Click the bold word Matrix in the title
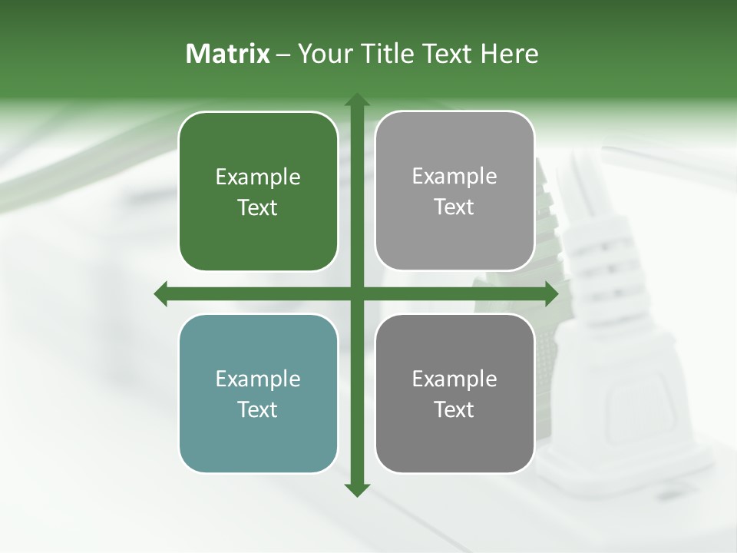228,54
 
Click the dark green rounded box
258,191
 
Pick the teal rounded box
258,393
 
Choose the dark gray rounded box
454,393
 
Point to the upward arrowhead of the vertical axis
356,100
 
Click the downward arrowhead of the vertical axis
356,489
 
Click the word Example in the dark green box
258,177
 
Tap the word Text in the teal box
258,409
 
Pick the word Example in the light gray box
454,177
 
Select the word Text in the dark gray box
454,409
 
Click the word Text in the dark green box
258,207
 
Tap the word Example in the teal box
258,379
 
